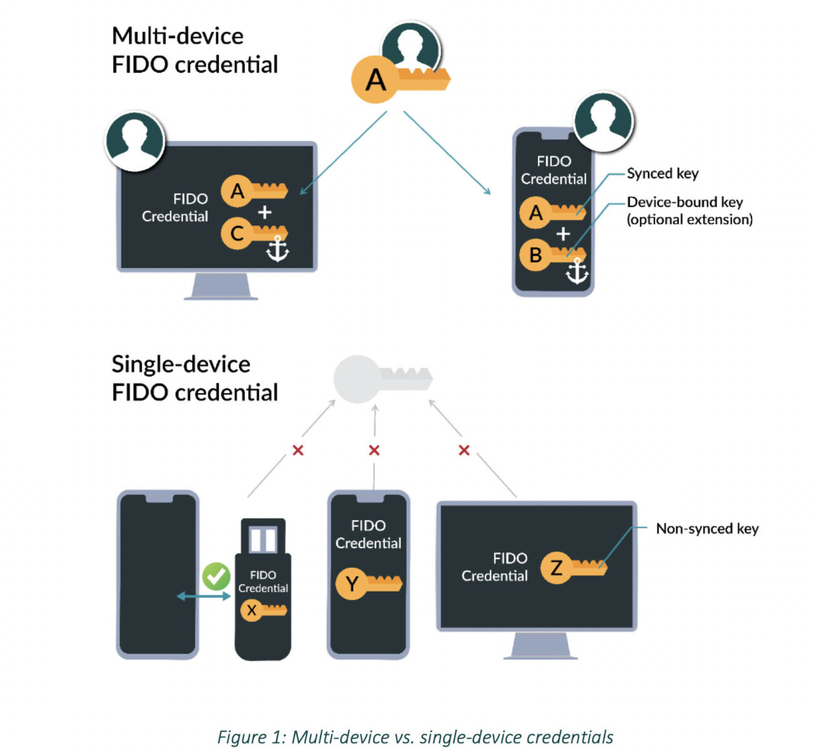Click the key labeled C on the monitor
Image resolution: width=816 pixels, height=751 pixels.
253,233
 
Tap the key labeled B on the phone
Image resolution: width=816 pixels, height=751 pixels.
551,255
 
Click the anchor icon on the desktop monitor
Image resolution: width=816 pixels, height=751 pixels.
277,248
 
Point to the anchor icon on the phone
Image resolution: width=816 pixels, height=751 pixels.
576,271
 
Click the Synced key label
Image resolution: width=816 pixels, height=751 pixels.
663,173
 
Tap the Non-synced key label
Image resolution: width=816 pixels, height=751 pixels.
707,529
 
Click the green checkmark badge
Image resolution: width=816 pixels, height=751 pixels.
216,576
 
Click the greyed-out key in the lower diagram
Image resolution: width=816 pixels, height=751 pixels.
381,379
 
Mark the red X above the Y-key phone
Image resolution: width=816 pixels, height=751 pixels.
374,450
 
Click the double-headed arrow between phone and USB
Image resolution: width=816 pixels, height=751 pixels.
204,596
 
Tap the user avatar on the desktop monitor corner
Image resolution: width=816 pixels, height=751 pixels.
135,141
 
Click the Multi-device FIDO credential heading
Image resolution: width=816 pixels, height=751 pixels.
194,50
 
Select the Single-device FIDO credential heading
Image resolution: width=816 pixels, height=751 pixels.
194,378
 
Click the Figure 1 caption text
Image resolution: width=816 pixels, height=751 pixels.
415,737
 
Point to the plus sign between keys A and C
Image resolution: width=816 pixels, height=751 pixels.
264,213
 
